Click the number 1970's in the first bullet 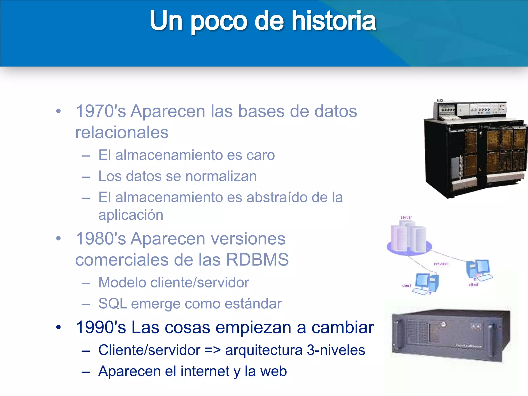101,111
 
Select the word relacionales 122,133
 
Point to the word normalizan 221,176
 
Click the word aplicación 131,215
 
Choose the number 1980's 101,239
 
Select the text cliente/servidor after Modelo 200,283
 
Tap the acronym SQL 113,304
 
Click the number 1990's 101,327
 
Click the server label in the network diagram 406,217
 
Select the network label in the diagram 441,264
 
